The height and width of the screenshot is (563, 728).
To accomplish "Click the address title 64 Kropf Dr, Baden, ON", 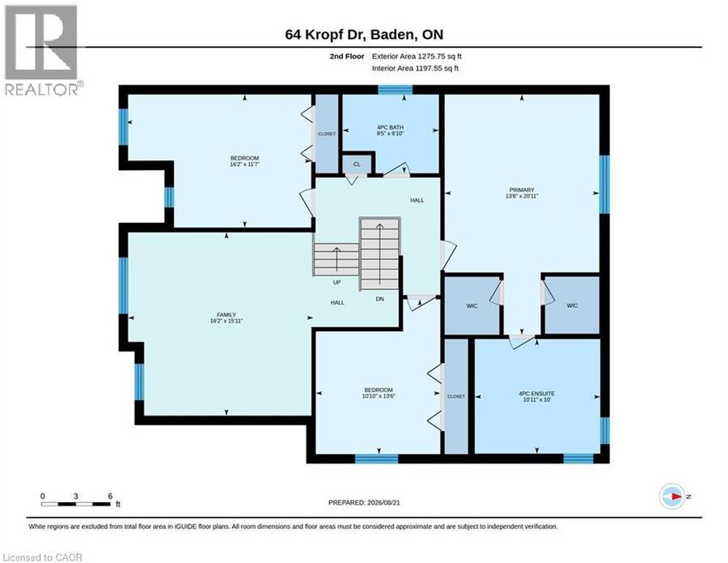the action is [x=364, y=34].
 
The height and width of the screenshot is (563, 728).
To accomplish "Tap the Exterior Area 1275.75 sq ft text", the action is [x=417, y=56].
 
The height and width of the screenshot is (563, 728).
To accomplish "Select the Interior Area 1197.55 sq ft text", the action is [x=415, y=68].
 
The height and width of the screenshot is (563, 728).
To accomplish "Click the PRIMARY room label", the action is [x=522, y=190].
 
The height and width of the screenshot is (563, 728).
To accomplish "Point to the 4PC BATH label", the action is [x=390, y=127].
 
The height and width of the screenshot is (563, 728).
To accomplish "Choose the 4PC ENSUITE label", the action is [x=537, y=394].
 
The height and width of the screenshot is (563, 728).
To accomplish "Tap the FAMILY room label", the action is [x=226, y=315].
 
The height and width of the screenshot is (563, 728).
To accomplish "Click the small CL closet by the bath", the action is [x=357, y=164].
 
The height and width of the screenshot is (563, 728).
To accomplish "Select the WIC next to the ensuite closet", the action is [x=472, y=305].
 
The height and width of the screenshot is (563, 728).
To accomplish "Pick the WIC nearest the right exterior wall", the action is [x=572, y=305].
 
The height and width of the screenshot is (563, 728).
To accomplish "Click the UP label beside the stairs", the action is [x=336, y=282].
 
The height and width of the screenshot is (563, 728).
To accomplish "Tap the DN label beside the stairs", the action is [x=380, y=299].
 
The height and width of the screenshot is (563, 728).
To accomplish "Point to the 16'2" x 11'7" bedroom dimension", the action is [x=244, y=164].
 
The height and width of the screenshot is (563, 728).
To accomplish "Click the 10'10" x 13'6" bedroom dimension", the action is [x=379, y=396].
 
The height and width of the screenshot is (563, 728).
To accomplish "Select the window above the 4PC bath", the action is [x=395, y=90].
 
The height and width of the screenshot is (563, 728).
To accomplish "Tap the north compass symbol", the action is [x=672, y=497].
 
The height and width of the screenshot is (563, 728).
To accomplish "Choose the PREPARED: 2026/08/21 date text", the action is [x=364, y=502].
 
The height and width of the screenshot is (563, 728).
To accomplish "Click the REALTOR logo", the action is [x=42, y=50].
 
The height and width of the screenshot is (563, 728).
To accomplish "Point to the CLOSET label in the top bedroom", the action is [x=327, y=134].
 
